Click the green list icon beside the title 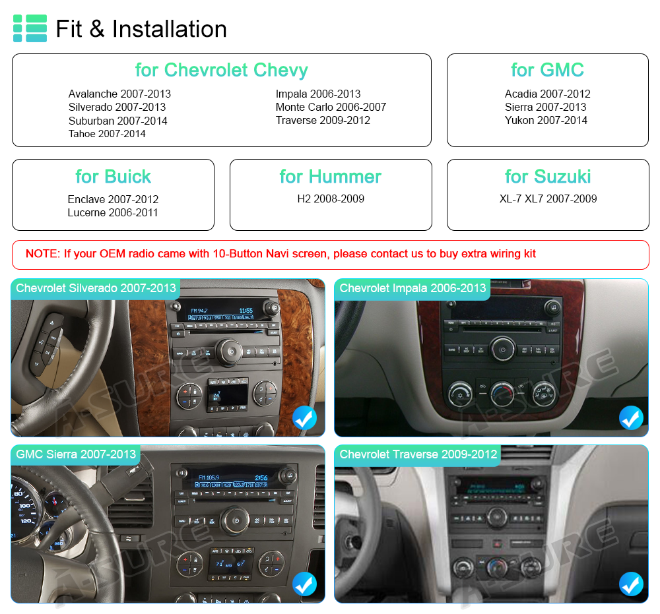30,28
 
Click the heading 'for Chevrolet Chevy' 221,70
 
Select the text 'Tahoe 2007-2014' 107,134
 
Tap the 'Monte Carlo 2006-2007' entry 331,107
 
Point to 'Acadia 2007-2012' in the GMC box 548,94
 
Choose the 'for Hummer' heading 331,177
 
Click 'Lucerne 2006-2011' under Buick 113,213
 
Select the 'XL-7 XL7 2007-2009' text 548,199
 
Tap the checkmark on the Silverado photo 304,417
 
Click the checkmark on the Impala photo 631,417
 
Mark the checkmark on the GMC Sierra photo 304,584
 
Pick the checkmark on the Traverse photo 631,584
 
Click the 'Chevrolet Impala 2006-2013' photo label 412,288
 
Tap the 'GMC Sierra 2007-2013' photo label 76,454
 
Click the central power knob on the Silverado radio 230,351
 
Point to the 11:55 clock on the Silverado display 246,311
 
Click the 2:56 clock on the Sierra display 261,477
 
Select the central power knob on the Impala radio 502,349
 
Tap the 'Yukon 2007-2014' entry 546,120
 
